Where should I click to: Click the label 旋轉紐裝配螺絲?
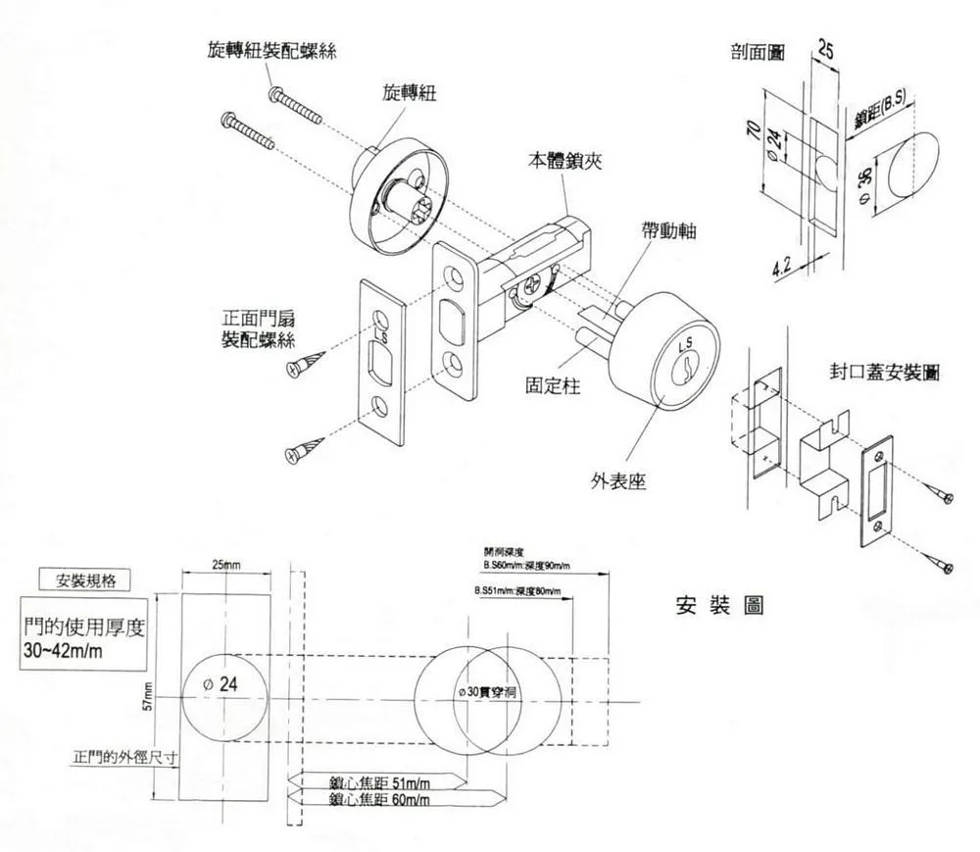pyautogui.click(x=273, y=50)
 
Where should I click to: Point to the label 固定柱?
pyautogui.click(x=554, y=386)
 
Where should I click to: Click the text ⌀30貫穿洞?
pyautogui.click(x=494, y=691)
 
